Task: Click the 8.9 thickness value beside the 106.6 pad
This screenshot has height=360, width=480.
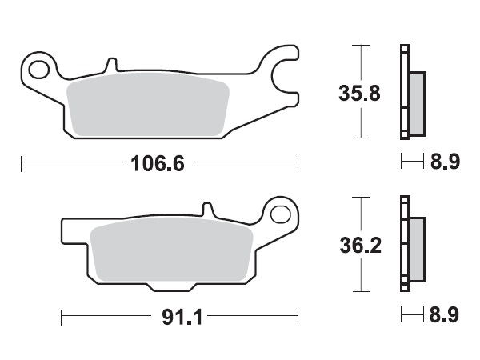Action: [444, 163]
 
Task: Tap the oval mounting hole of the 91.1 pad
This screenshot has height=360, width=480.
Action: [280, 214]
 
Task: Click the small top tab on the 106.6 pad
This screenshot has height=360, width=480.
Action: [112, 62]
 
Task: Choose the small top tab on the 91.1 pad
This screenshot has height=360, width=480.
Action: [211, 210]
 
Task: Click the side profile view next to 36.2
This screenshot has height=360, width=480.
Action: [411, 246]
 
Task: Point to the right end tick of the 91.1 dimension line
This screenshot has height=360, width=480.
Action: [298, 318]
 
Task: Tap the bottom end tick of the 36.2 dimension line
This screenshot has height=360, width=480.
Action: [364, 291]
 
